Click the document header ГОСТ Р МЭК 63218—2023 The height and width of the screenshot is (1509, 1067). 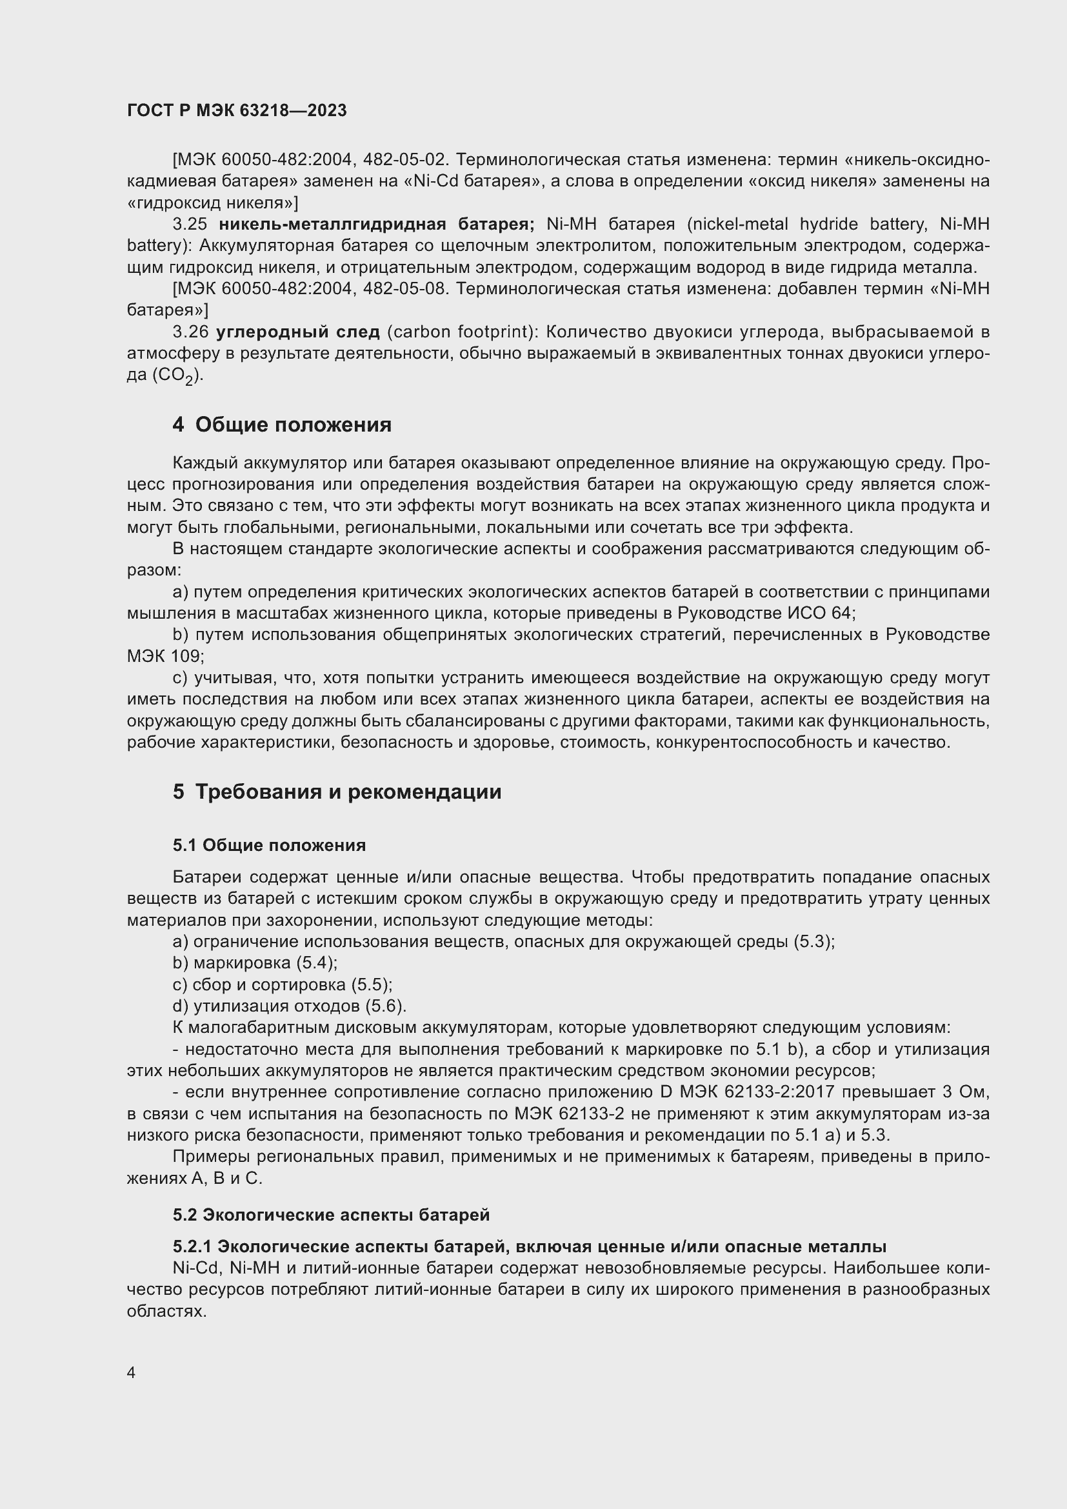[237, 110]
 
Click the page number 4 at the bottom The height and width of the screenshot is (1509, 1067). [132, 1373]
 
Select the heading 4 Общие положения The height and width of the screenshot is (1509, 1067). [282, 425]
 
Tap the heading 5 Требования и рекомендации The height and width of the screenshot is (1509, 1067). [337, 792]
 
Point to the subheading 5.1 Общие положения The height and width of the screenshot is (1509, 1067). [270, 845]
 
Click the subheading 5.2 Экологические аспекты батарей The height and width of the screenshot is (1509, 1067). [331, 1215]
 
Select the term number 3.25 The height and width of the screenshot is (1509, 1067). [190, 225]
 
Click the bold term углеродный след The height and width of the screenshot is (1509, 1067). [298, 332]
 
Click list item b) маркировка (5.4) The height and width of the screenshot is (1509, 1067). [255, 963]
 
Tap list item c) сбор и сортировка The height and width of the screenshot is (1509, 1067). [283, 984]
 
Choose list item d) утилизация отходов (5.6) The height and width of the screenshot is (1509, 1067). [290, 1006]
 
